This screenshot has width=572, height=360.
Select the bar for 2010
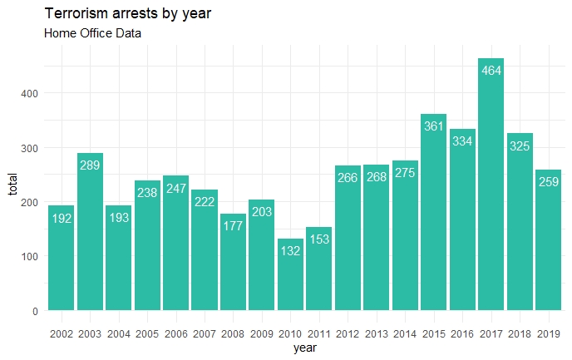[x=290, y=274]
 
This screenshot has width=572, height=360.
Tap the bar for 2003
[x=90, y=232]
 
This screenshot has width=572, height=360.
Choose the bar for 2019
[x=548, y=240]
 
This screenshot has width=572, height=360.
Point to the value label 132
[x=290, y=251]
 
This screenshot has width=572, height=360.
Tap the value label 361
[x=433, y=126]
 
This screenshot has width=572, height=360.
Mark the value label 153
[x=318, y=239]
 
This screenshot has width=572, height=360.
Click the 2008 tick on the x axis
[x=233, y=334]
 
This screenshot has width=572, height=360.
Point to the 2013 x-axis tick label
[x=376, y=334]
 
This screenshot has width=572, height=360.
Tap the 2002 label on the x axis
[x=62, y=334]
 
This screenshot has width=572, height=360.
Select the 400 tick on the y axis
[x=29, y=93]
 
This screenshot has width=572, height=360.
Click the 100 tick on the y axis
[x=29, y=257]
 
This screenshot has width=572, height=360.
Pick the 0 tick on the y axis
[x=35, y=311]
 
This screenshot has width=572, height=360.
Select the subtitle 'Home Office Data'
[x=92, y=34]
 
